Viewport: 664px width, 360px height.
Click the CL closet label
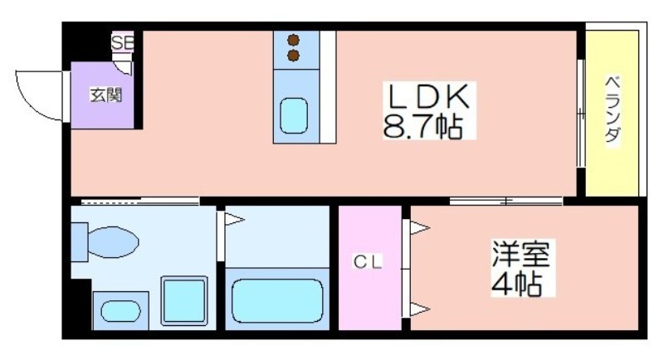click(369, 262)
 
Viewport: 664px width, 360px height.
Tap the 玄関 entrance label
click(105, 95)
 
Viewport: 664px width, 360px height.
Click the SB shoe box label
click(123, 41)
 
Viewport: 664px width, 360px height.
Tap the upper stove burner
click(293, 39)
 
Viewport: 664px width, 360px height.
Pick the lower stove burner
click(293, 55)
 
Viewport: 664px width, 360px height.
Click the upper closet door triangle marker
click(418, 226)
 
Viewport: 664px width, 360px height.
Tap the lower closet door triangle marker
click(418, 310)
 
